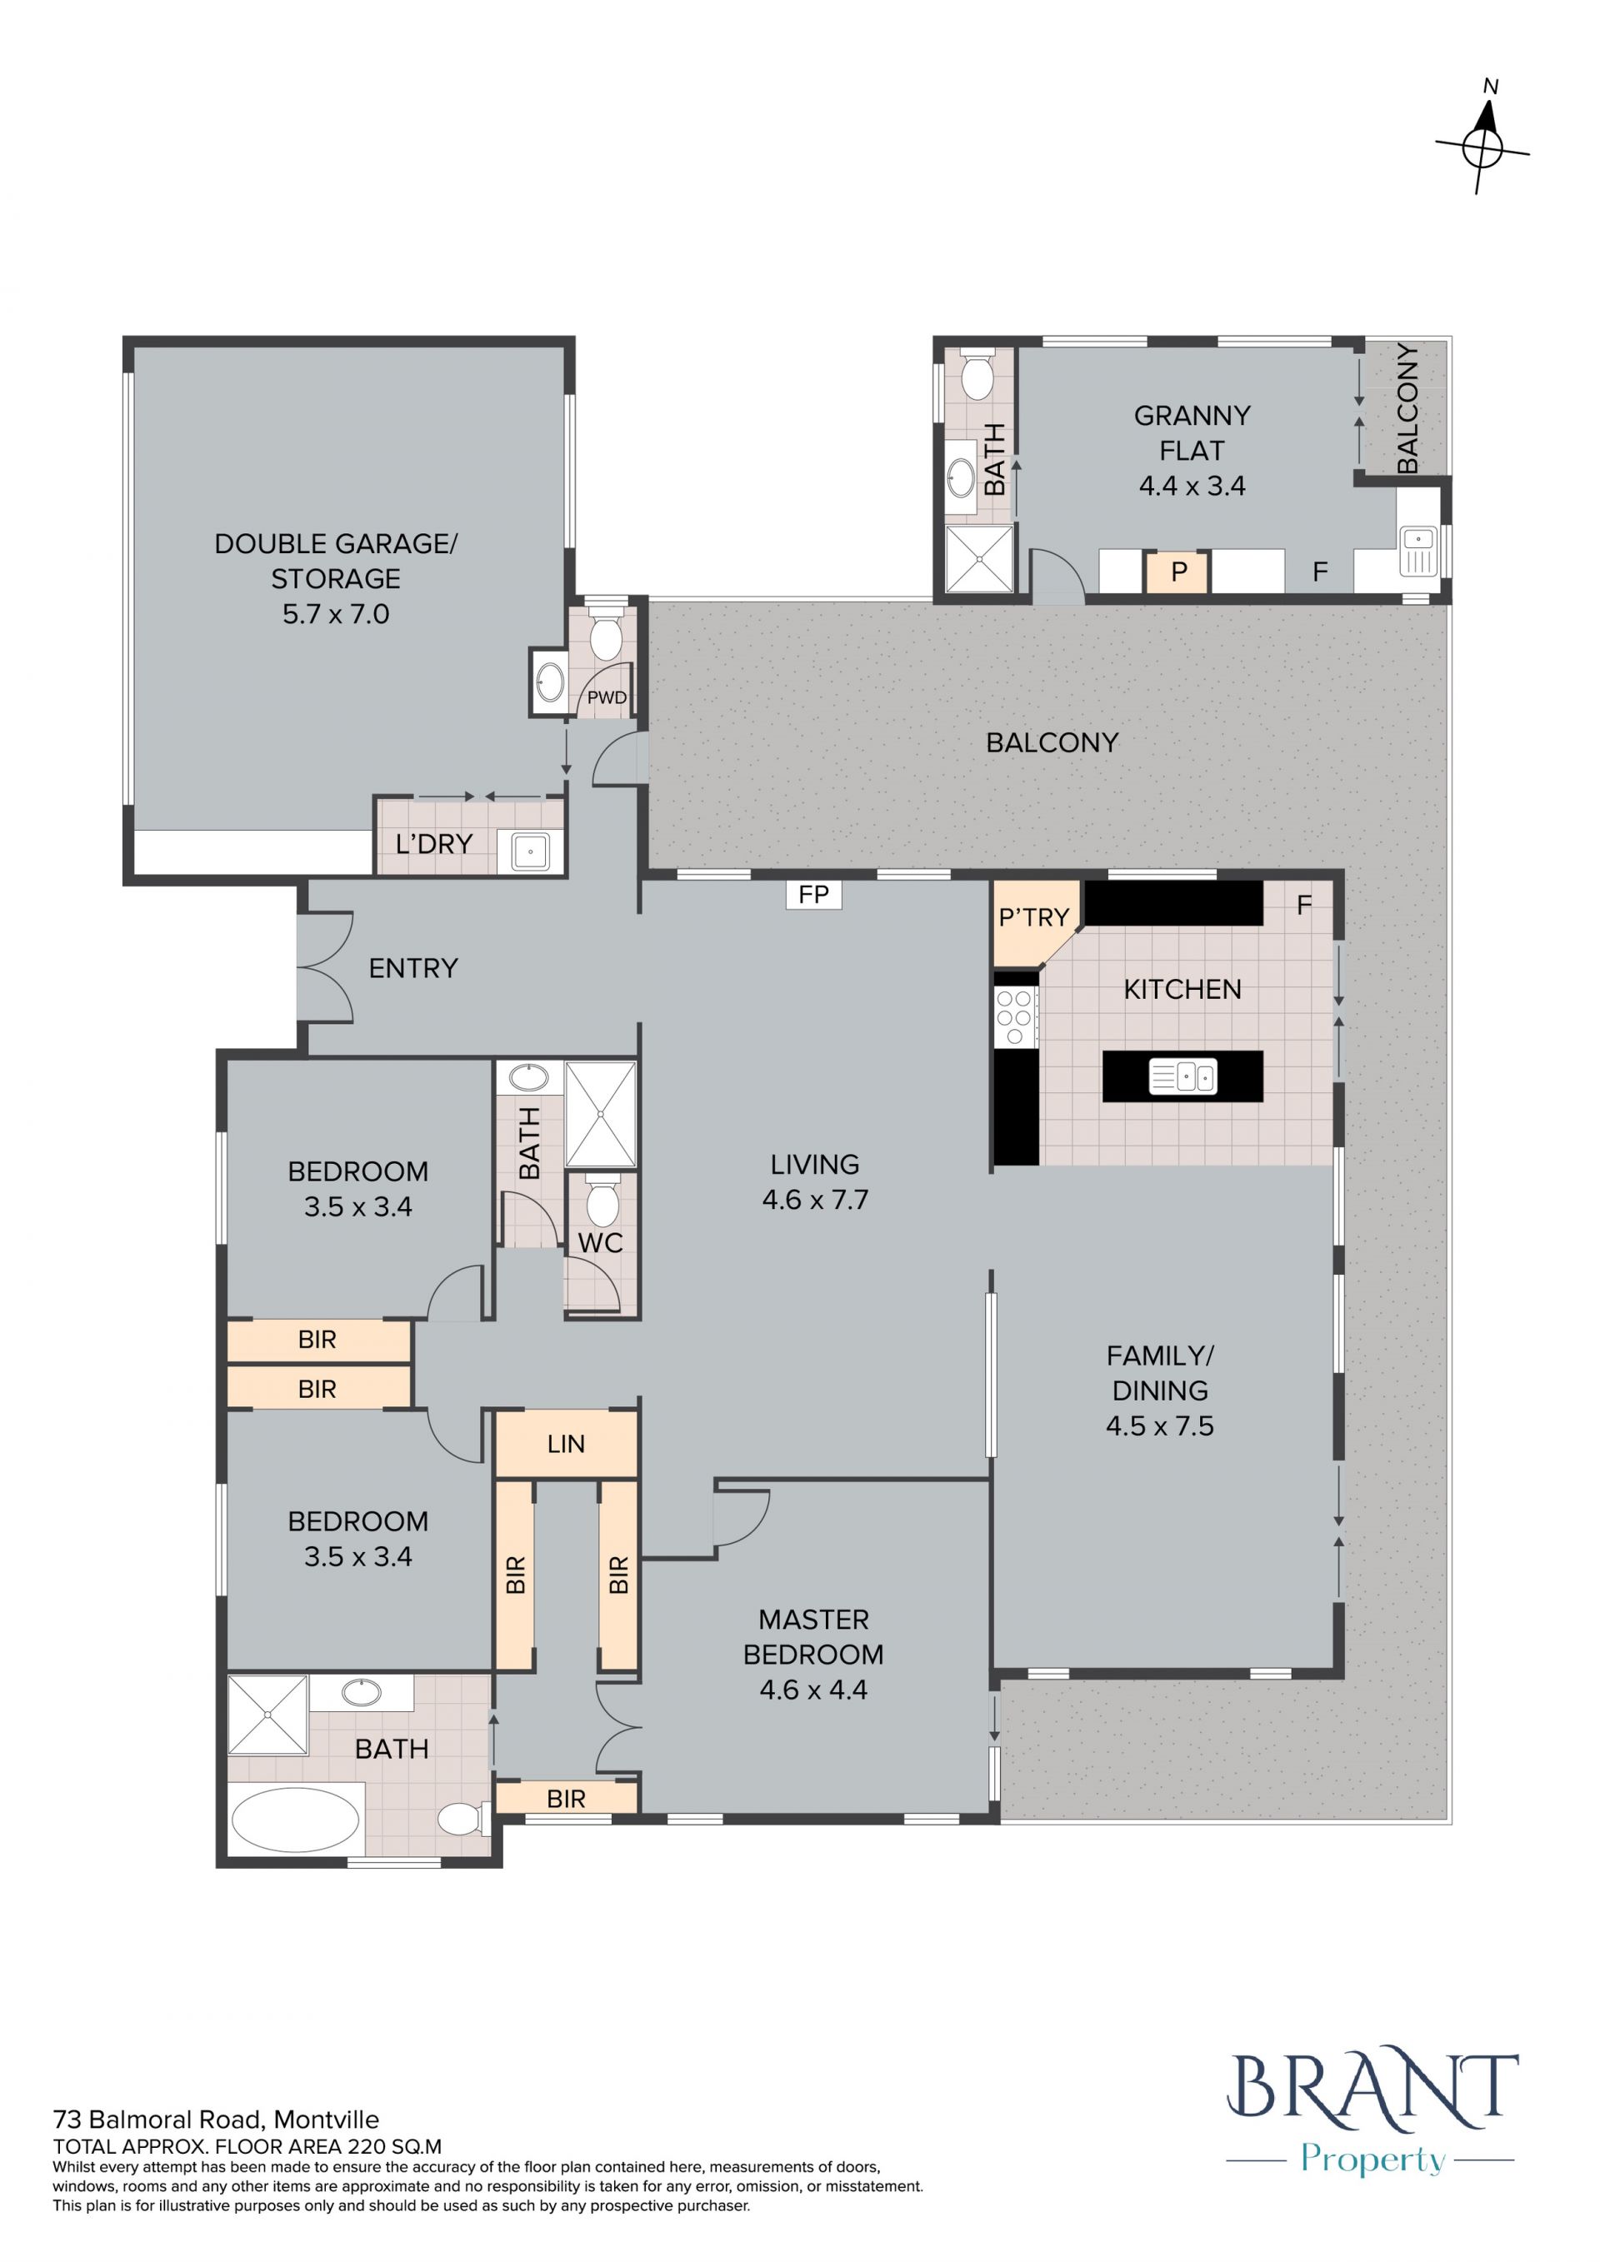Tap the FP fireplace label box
tap(814, 895)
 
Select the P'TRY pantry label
tap(1033, 918)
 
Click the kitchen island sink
tap(1183, 1076)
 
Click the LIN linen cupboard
tap(567, 1445)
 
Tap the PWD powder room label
tap(607, 697)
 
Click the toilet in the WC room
tap(601, 1199)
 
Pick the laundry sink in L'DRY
tap(530, 851)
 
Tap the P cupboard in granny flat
tap(1178, 572)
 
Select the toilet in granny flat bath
tap(977, 373)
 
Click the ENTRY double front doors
tap(326, 967)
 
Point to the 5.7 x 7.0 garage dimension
tap(336, 614)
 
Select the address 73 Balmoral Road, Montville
tap(216, 2120)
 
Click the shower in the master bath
tap(268, 1715)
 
